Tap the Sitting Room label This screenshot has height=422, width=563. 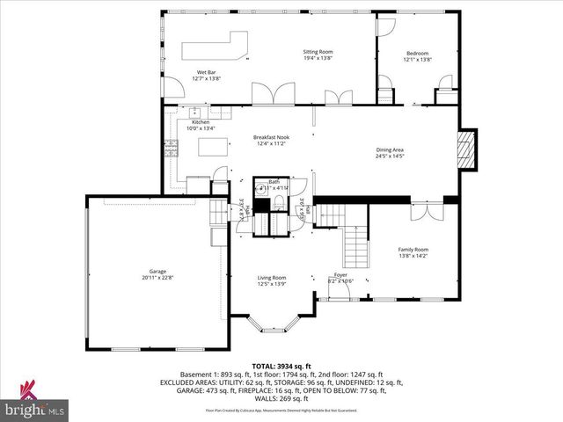318,52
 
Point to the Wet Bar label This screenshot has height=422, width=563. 206,71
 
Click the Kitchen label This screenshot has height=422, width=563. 201,122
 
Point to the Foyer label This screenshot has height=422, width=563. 341,275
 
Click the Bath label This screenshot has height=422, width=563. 274,181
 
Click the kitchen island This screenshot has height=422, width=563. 212,147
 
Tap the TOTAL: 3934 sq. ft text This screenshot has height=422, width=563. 281,366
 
